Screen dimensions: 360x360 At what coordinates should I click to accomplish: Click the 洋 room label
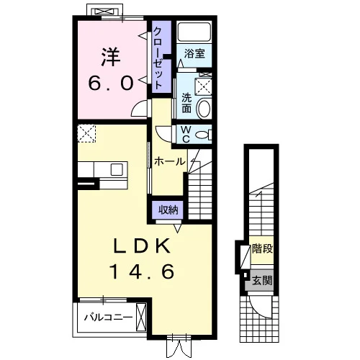111,58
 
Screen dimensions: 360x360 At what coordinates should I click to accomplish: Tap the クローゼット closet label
158,58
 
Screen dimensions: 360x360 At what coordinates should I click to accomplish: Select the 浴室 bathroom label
194,53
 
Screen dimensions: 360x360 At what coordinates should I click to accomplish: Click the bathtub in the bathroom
194,32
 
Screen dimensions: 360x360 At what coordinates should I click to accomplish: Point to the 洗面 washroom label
186,103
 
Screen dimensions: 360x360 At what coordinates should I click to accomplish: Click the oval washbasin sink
204,109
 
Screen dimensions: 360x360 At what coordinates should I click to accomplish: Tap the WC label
186,135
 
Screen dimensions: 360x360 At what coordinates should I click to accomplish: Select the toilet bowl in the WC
203,135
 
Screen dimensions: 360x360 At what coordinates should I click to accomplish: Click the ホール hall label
170,161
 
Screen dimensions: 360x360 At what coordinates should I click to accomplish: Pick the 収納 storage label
168,210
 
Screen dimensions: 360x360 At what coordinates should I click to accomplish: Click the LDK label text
142,246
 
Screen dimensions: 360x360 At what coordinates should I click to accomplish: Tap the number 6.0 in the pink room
111,83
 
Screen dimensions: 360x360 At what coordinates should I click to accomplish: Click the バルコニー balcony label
108,318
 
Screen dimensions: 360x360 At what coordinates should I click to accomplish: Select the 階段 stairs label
262,248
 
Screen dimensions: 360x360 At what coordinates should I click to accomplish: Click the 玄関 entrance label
262,280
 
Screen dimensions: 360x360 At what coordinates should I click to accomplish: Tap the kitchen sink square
117,169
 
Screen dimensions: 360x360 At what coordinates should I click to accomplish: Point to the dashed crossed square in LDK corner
86,133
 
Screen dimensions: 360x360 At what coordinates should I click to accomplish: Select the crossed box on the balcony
141,318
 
